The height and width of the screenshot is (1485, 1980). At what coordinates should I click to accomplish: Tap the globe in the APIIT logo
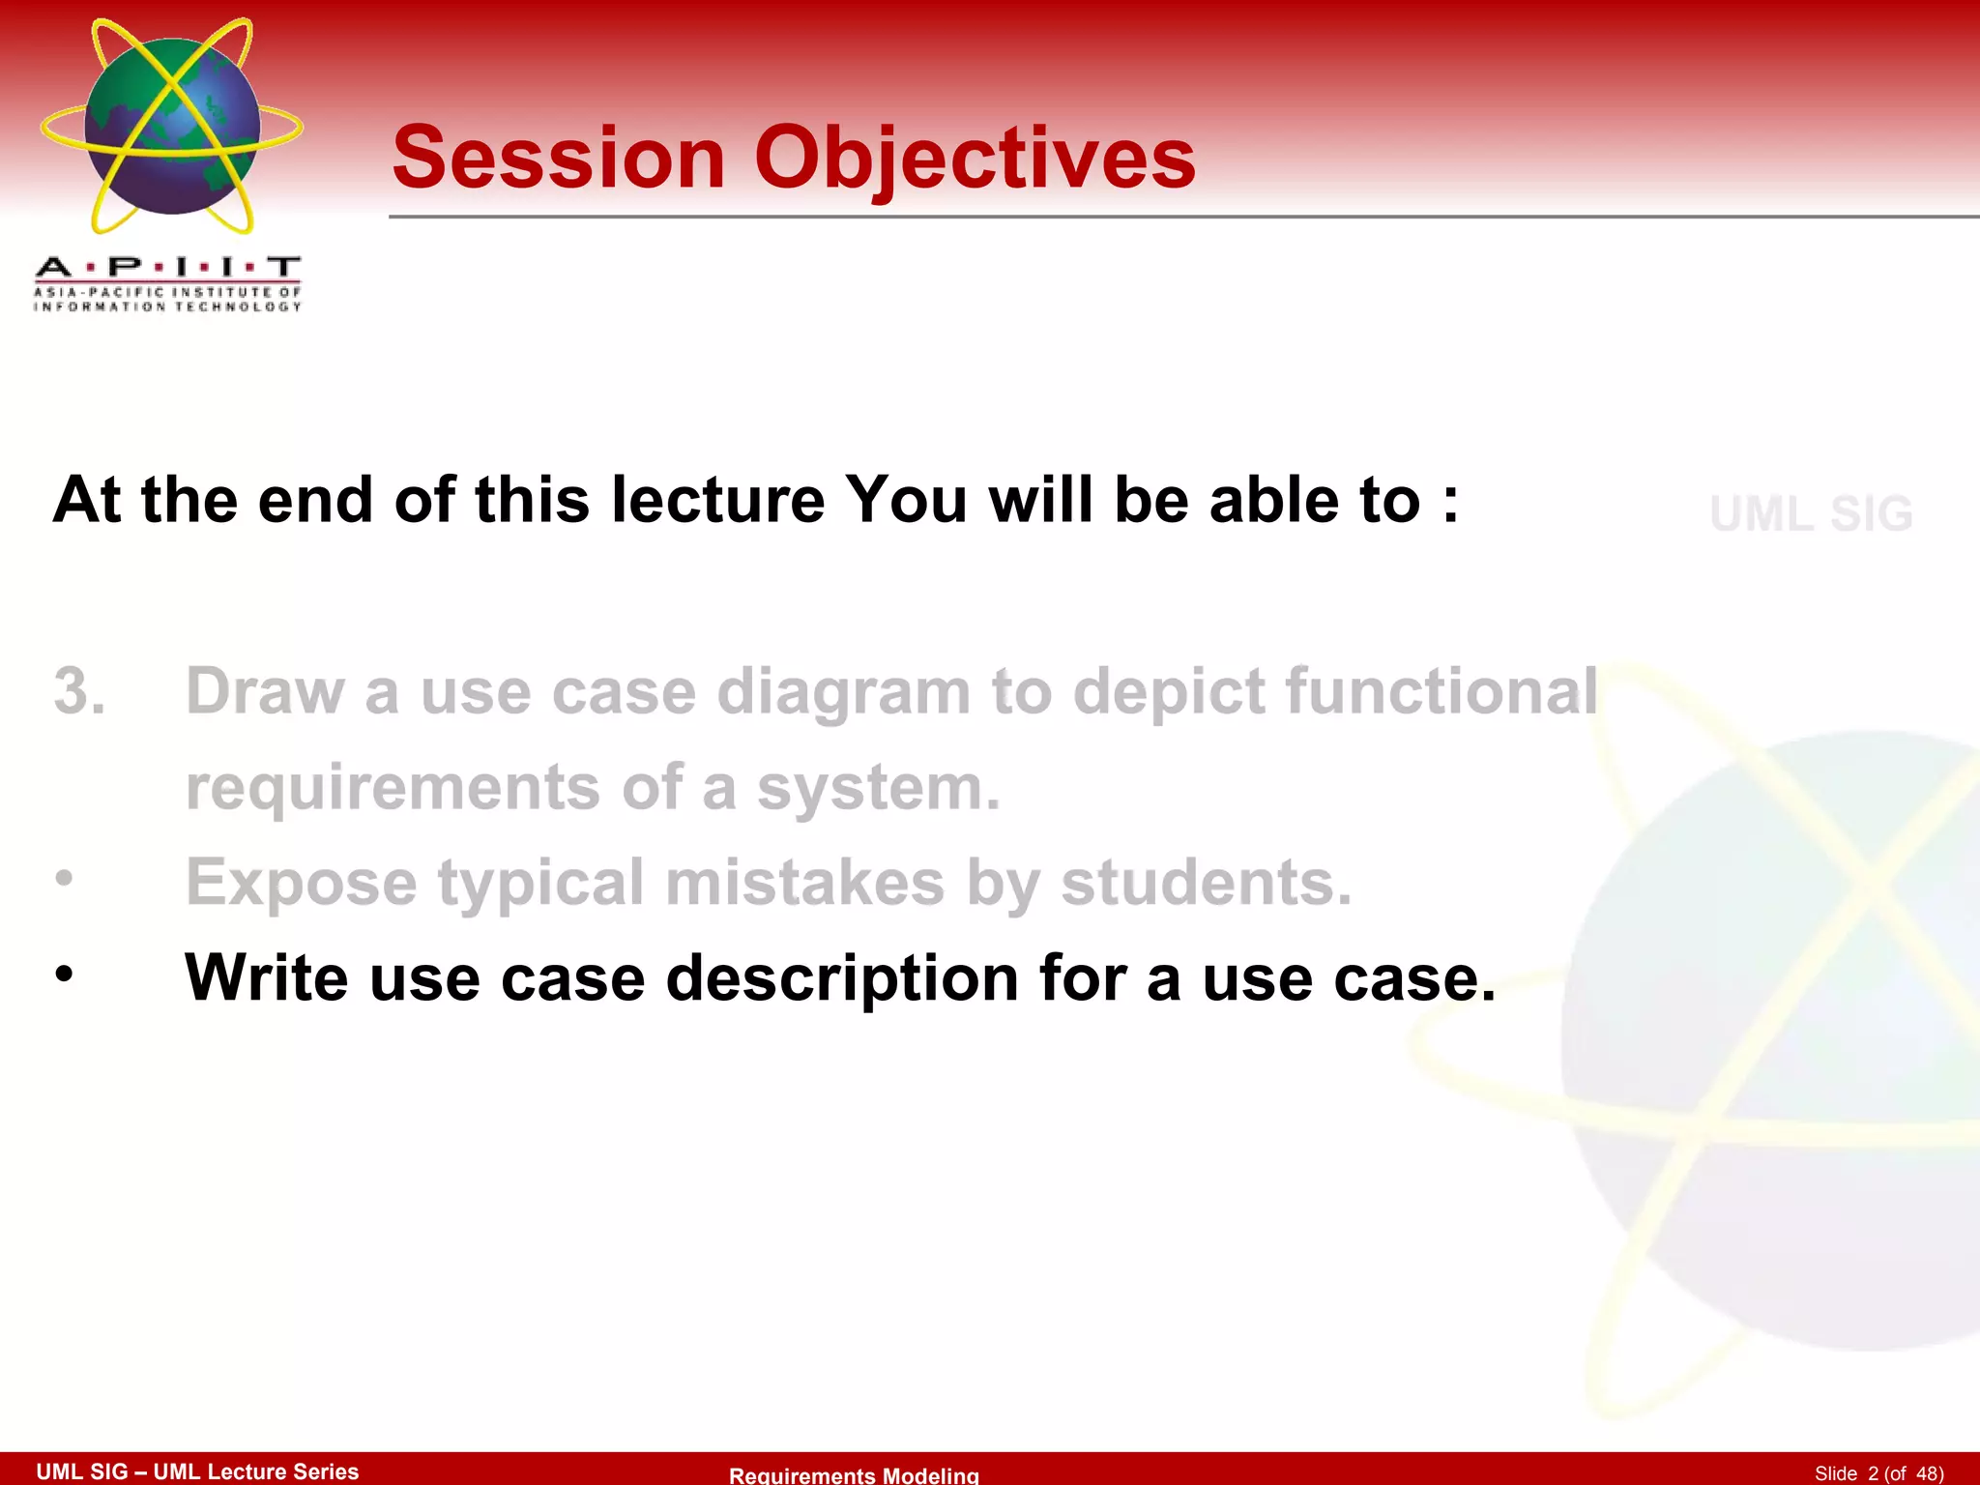[172, 126]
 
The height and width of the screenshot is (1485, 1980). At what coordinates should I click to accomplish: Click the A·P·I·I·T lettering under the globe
[168, 267]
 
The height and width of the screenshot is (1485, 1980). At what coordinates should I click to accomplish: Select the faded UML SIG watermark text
[1811, 513]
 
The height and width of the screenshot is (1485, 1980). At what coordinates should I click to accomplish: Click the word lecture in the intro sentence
[717, 500]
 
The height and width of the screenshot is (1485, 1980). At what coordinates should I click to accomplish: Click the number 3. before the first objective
[79, 691]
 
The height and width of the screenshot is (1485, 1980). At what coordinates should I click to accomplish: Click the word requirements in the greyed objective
[393, 787]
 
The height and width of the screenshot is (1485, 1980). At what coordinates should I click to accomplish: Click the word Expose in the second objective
[301, 883]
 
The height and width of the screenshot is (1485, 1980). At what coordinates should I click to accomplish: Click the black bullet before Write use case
[64, 974]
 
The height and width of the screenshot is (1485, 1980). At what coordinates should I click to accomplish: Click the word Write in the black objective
[266, 977]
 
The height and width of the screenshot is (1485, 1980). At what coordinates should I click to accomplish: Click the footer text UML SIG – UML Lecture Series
[197, 1470]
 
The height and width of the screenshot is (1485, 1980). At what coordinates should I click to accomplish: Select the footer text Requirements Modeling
[854, 1474]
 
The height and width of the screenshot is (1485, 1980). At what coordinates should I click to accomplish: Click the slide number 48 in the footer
[1928, 1472]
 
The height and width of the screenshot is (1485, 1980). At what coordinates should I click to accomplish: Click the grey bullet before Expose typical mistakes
[64, 878]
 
